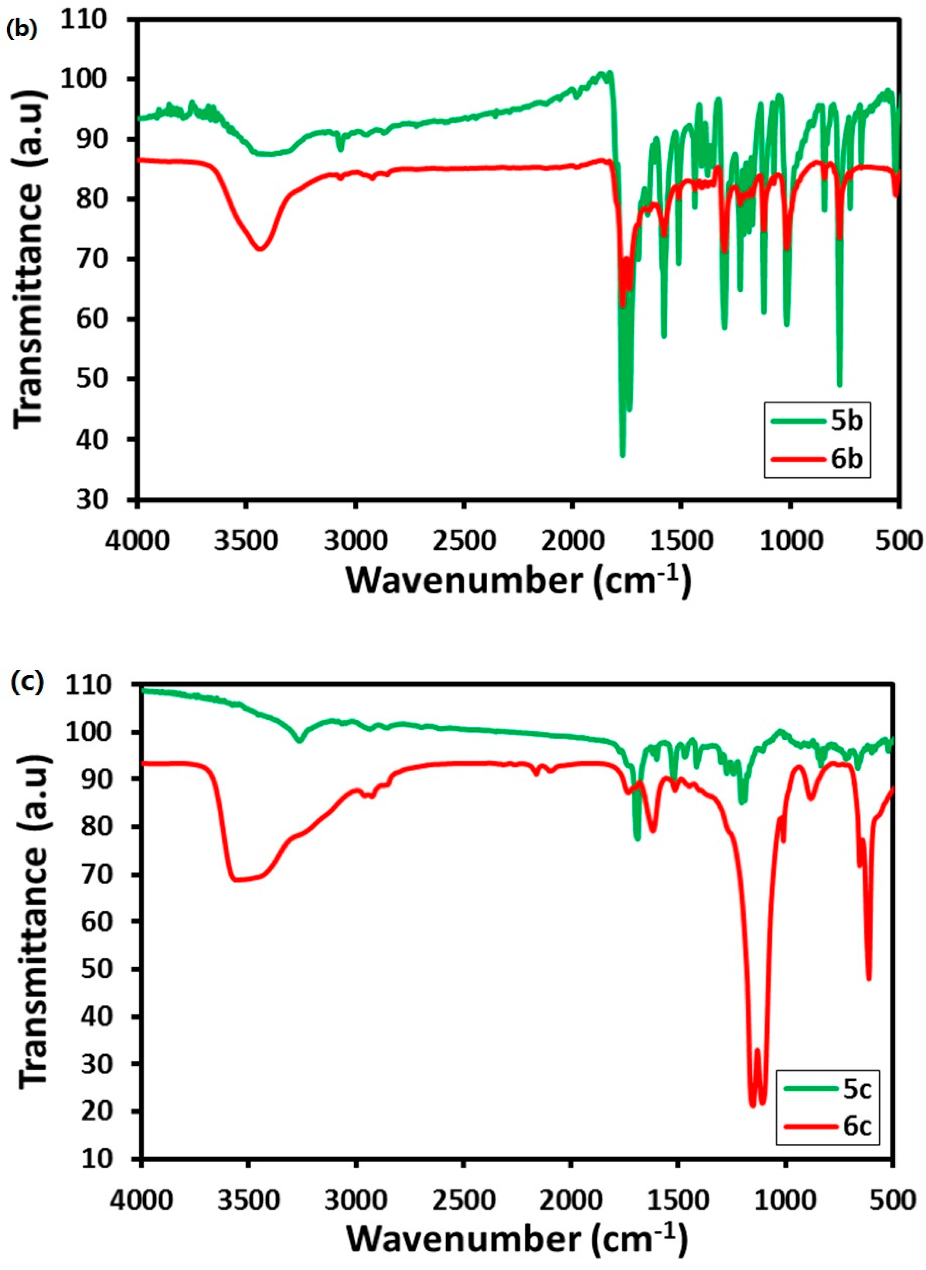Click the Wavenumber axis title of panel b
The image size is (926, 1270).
(x=519, y=581)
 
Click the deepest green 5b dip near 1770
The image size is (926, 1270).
(x=621, y=454)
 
